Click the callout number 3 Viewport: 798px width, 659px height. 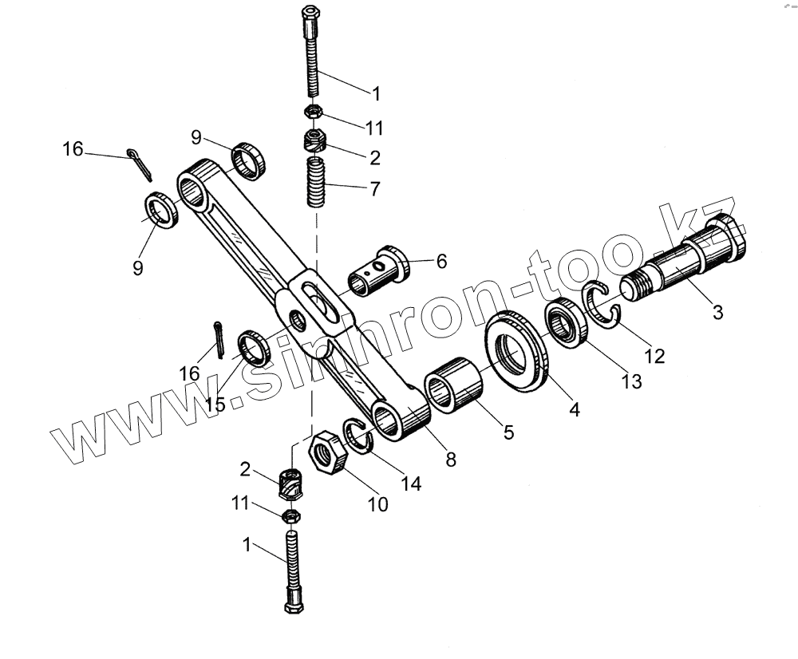(717, 313)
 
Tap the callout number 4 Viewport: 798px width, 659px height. (575, 409)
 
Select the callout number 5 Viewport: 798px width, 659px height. (508, 432)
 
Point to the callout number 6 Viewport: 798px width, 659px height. (441, 261)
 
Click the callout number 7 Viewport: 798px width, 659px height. (374, 189)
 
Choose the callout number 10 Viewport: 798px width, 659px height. (377, 503)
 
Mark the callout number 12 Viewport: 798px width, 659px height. (654, 356)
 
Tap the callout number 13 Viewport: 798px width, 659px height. (631, 381)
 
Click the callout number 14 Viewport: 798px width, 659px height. (411, 483)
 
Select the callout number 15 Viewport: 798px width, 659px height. (215, 404)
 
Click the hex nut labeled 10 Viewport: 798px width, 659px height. (327, 456)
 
